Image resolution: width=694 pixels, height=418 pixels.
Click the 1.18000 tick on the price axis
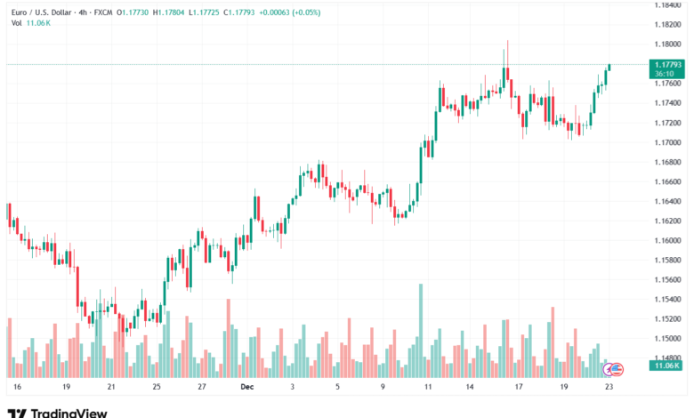point(667,44)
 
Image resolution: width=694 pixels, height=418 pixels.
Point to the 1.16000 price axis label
point(667,241)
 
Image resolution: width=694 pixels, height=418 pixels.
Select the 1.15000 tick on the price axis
point(667,339)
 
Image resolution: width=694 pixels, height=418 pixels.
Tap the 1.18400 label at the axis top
point(667,5)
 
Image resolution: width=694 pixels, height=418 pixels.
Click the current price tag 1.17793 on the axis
point(667,65)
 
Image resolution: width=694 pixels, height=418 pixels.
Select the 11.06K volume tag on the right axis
point(667,366)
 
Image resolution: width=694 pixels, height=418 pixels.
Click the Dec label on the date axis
point(246,388)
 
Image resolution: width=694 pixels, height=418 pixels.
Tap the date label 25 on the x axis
point(156,388)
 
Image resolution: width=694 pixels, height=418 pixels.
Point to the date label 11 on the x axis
point(428,388)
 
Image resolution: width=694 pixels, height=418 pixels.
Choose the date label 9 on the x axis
point(383,388)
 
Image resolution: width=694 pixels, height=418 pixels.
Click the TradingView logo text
point(69,413)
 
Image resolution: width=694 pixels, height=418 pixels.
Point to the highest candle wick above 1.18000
point(507,42)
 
